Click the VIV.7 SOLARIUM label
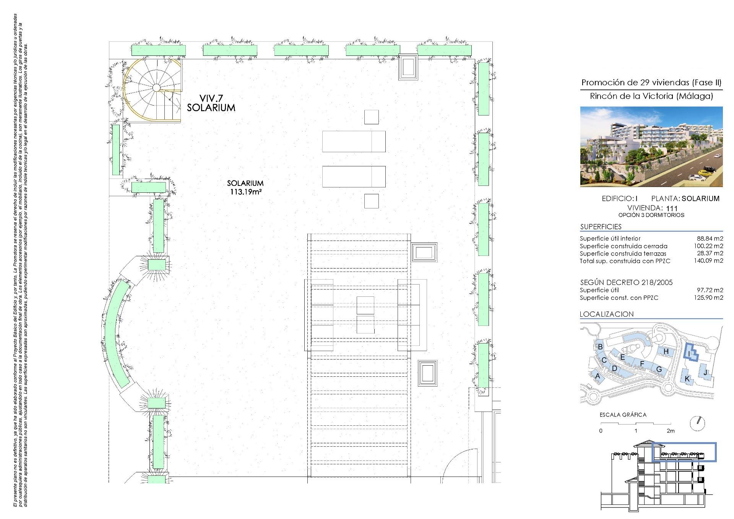(x=211, y=103)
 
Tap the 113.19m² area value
(x=245, y=192)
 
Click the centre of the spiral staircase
(x=156, y=88)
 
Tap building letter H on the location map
(x=666, y=351)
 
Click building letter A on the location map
(x=598, y=376)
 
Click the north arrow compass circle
(x=698, y=423)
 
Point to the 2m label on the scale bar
(x=670, y=431)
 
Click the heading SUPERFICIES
(x=601, y=227)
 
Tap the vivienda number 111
(x=672, y=208)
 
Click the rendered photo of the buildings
(x=651, y=146)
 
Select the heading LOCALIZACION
(x=607, y=314)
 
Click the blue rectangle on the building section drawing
(x=684, y=452)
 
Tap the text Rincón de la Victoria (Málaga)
(x=651, y=96)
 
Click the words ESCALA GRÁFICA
(x=623, y=415)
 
